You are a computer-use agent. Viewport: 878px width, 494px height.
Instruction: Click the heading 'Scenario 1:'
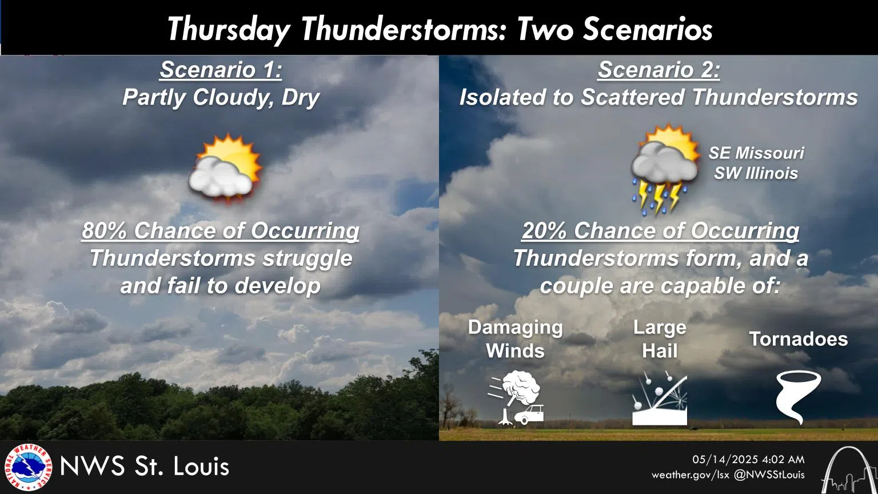click(221, 70)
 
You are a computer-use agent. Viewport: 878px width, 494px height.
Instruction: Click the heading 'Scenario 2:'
click(658, 70)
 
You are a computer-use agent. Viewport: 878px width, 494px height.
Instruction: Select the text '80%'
click(105, 231)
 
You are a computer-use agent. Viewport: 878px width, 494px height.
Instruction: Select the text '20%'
click(544, 231)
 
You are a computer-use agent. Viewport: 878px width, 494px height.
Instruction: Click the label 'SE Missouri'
click(756, 153)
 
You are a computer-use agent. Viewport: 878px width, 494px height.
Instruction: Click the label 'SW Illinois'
click(756, 173)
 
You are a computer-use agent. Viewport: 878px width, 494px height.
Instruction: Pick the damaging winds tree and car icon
click(516, 397)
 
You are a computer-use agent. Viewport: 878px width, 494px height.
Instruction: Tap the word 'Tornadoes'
click(798, 339)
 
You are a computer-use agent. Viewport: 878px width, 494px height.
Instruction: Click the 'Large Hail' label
click(660, 338)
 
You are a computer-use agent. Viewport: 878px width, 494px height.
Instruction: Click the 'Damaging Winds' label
click(515, 338)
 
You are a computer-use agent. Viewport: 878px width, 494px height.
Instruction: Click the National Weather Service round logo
click(27, 467)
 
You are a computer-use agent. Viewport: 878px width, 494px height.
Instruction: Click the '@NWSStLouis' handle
click(769, 475)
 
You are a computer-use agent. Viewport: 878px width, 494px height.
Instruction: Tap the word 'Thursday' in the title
click(229, 29)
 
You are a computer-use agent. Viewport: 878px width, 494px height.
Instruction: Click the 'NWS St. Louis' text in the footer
click(144, 467)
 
